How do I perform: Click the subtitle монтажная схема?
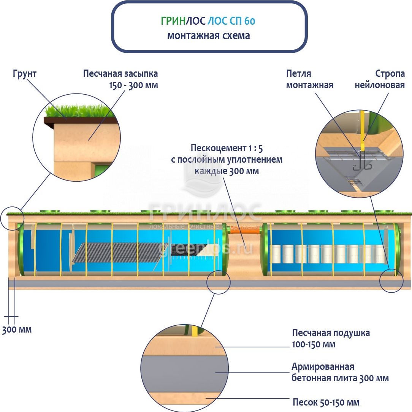208,36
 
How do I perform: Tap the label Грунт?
24,74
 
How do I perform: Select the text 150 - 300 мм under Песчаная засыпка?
120,85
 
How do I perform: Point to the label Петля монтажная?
309,79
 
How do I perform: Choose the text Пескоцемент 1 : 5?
227,148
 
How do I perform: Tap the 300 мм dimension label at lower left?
17,330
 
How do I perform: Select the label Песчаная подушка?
331,333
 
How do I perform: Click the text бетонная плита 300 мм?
340,378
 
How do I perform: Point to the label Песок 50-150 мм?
326,402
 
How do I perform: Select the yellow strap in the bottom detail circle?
195,331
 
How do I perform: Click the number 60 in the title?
250,21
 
